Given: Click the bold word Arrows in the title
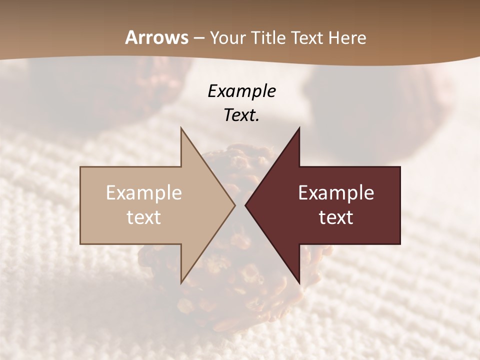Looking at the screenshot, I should [x=156, y=37].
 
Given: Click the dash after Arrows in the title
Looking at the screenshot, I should [x=198, y=38].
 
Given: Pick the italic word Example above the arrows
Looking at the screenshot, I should [x=242, y=91].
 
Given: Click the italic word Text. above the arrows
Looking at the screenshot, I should [x=242, y=115].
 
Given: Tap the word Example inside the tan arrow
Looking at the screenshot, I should [x=144, y=192].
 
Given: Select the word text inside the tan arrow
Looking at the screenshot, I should [x=144, y=217].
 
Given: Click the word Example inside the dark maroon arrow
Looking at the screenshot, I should [x=336, y=192].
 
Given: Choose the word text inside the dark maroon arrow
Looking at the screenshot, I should [x=336, y=217].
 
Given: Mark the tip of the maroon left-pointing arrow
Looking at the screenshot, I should [x=245, y=205].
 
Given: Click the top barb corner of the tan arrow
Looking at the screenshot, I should [x=181, y=128].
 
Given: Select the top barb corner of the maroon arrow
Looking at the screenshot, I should [x=299, y=128].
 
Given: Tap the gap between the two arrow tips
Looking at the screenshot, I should [x=240, y=205].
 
